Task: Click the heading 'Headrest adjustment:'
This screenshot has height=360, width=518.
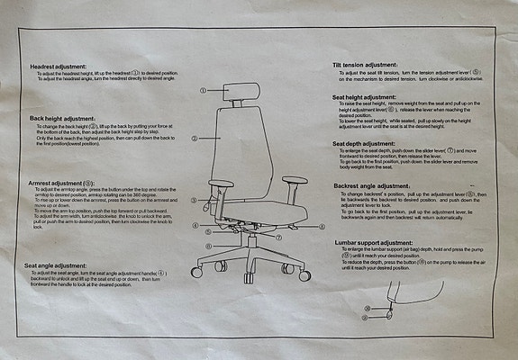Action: coord(59,67)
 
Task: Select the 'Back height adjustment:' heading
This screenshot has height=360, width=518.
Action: coord(62,118)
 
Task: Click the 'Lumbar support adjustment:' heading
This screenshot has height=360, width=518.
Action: coord(373,242)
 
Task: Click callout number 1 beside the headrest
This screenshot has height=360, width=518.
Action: coord(204,90)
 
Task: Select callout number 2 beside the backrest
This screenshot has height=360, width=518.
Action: coord(195,139)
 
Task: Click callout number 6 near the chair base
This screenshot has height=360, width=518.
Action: coord(208,246)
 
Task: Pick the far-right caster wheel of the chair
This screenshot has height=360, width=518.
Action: coord(304,274)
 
